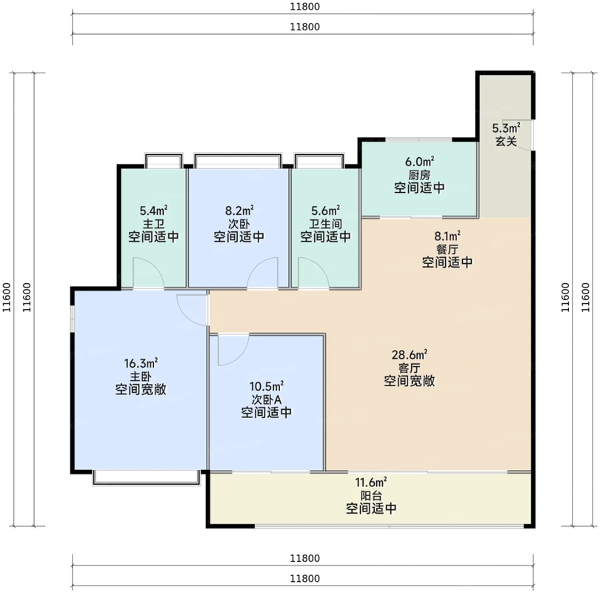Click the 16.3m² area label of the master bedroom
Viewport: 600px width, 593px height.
pyautogui.click(x=141, y=362)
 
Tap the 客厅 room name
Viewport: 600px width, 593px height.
pyautogui.click(x=410, y=368)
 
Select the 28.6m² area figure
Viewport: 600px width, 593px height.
pyautogui.click(x=410, y=354)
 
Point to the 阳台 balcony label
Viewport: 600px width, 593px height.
pyautogui.click(x=371, y=496)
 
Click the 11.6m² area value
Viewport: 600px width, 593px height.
pyautogui.click(x=371, y=482)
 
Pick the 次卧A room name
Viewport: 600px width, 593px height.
pyautogui.click(x=267, y=400)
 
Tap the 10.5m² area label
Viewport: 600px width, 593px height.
pyautogui.click(x=267, y=386)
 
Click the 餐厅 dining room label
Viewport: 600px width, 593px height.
pyautogui.click(x=447, y=249)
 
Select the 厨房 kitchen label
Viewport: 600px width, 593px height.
pyautogui.click(x=419, y=175)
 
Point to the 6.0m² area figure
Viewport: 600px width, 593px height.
pyautogui.click(x=419, y=161)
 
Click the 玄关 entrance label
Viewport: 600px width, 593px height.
pyautogui.click(x=506, y=142)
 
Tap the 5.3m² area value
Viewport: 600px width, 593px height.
pyautogui.click(x=506, y=127)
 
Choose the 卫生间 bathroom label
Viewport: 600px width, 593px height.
pyautogui.click(x=325, y=224)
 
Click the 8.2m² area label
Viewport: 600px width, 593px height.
pyautogui.click(x=239, y=211)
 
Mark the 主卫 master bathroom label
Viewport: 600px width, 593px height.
pyautogui.click(x=153, y=224)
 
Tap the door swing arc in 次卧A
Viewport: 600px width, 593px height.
pyautogui.click(x=241, y=355)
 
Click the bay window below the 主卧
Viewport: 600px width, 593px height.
pyautogui.click(x=146, y=478)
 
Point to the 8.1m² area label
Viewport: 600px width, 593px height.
pyautogui.click(x=447, y=236)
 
